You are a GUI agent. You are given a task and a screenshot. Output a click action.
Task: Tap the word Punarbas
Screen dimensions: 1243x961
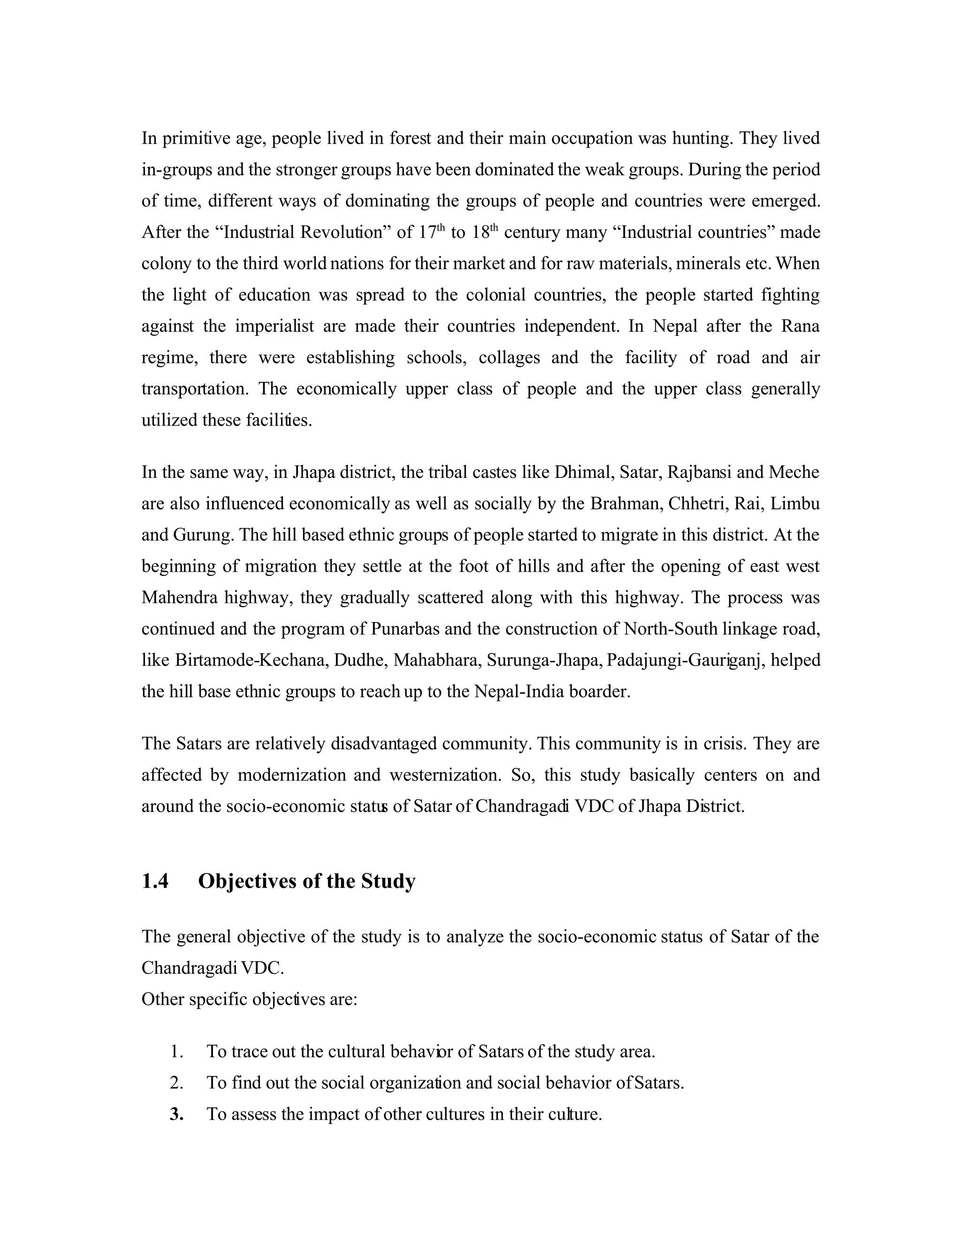(406, 629)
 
